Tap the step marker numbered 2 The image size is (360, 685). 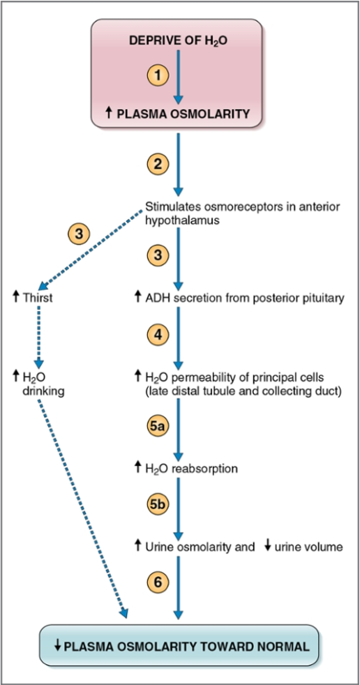click(158, 165)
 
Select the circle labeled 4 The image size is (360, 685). click(158, 336)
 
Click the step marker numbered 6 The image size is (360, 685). click(158, 580)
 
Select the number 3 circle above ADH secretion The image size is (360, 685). click(158, 255)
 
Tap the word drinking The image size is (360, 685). click(43, 391)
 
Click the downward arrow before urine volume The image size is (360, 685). click(267, 546)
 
